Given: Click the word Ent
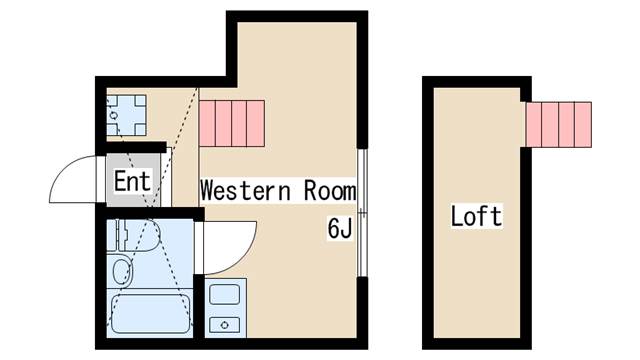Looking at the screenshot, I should [132, 182].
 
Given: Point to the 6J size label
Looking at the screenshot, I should [339, 228].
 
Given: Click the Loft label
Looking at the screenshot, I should [476, 216].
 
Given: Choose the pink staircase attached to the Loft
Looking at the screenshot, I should [558, 123].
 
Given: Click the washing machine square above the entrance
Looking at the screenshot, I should [126, 115].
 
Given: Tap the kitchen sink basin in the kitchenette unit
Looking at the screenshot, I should [222, 296].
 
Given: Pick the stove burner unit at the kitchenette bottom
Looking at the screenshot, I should [222, 324].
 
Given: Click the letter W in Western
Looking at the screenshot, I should [208, 190].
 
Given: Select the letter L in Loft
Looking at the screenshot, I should [458, 216].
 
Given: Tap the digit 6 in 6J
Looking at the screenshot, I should [333, 228].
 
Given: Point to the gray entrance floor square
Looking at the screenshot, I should [129, 182].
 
